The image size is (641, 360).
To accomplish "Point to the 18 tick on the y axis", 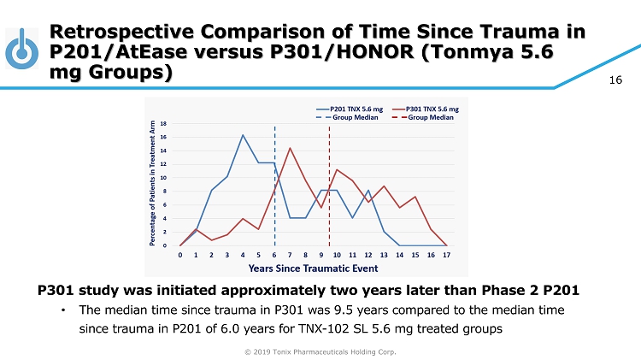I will click(163, 123).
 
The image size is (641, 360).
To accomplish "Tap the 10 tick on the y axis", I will click(163, 178).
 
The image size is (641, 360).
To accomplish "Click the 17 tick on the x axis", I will click(447, 255).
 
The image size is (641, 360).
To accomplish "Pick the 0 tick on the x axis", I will click(180, 255).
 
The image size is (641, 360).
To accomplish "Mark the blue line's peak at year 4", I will click(243, 135).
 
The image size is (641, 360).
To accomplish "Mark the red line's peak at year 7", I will click(291, 148).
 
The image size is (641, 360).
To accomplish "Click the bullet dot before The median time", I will click(63, 310).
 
